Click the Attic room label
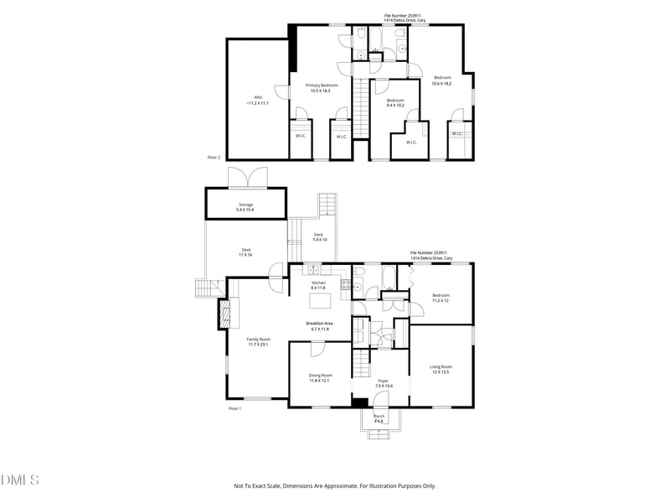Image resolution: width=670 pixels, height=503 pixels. pos(258,100)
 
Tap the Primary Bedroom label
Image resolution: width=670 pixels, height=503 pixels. pos(322,87)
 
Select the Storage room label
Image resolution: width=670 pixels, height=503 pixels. pos(245,206)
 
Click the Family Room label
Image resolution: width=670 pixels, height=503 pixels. pos(258,341)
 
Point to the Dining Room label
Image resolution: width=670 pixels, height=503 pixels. pos(320,377)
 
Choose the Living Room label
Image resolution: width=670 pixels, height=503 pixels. pos(441,369)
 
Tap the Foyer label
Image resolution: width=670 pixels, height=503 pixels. pos(383,383)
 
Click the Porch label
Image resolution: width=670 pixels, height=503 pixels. pos(379,418)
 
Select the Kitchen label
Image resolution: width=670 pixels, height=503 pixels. pos(318,285)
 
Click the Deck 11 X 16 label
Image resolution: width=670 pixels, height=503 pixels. pos(246,251)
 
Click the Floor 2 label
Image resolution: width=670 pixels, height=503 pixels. pos(214,157)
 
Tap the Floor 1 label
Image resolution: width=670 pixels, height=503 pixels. pos(234,408)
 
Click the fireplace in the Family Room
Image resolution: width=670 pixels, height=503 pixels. pos(224,314)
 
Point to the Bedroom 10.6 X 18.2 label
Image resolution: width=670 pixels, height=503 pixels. pos(441,80)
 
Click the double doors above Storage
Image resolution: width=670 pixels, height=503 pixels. pos(247,178)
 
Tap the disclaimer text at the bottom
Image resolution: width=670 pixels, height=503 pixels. pos(334,485)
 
